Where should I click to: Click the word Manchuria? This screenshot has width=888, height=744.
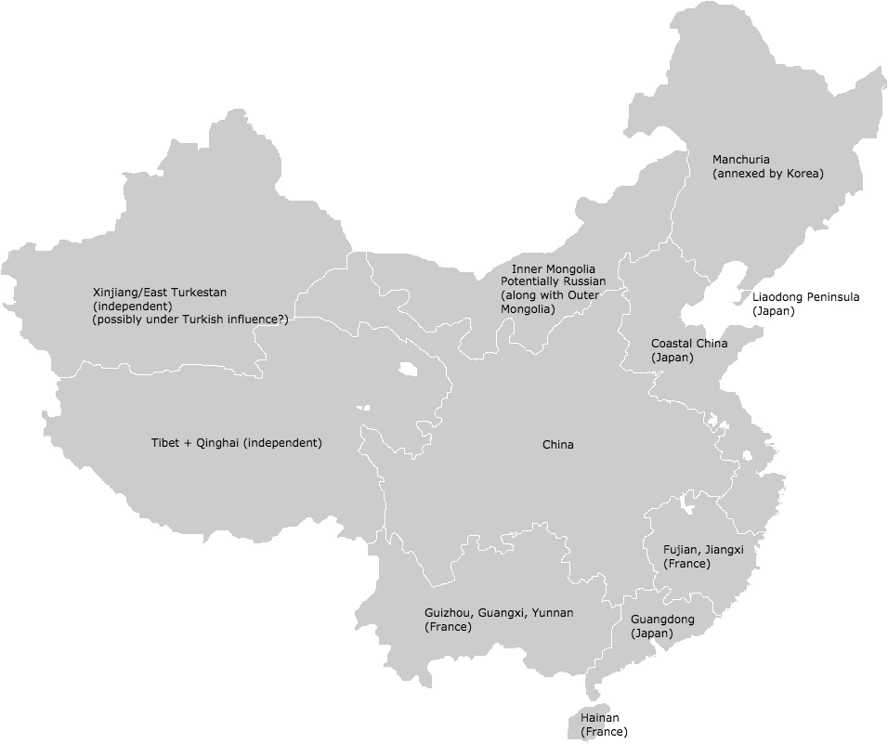tap(740, 160)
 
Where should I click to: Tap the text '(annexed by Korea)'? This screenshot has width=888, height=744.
tap(767, 174)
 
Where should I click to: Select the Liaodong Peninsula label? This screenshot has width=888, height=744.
tap(805, 297)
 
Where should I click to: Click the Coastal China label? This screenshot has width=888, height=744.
tap(688, 344)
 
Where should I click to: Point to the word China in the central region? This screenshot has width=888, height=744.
tap(557, 445)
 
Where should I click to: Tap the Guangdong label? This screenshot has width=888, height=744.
tap(661, 620)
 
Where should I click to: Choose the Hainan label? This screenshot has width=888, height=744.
tap(599, 718)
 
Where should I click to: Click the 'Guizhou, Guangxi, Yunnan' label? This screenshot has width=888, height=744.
tap(499, 613)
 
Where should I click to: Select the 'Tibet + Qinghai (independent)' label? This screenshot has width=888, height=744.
tap(236, 443)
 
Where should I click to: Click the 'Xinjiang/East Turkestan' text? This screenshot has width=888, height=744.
tap(159, 293)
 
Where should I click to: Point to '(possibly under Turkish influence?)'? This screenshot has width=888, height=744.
tap(189, 320)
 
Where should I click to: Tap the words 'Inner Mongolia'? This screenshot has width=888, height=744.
tap(553, 269)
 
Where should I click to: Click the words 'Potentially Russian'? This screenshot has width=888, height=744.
tap(553, 281)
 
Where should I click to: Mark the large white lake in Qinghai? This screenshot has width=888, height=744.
tap(408, 370)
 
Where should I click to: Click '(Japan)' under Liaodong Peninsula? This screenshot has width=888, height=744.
tap(773, 311)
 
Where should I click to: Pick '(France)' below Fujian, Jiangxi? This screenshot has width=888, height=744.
tap(686, 564)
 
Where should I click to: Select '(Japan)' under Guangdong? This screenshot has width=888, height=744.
tap(651, 633)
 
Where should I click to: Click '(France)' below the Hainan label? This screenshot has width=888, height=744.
tap(604, 732)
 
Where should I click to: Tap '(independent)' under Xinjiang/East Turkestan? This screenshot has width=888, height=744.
tap(132, 306)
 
